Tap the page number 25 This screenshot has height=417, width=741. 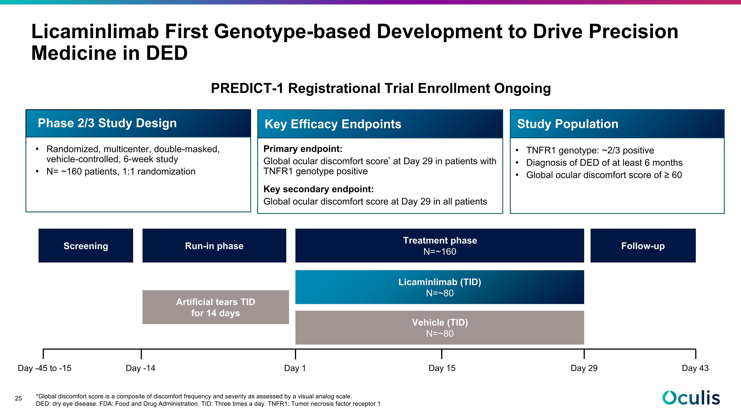tap(19, 398)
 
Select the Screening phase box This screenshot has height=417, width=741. tap(86, 245)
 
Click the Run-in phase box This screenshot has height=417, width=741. tap(214, 245)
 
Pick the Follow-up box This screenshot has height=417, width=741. tap(643, 245)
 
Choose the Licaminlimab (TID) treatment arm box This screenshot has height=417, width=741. tap(440, 287)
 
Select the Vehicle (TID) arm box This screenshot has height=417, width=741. tap(440, 328)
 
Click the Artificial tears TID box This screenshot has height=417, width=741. tap(216, 307)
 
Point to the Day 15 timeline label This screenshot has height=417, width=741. tap(442, 368)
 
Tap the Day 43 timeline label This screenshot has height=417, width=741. tap(695, 368)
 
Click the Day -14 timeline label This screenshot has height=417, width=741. tap(140, 368)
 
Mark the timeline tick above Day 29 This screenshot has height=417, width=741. tap(584, 354)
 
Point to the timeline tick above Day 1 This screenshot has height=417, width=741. tap(295, 354)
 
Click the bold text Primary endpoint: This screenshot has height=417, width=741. tap(303, 149)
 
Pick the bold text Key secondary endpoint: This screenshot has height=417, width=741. tap(318, 189)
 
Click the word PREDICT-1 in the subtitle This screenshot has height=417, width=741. tap(247, 88)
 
